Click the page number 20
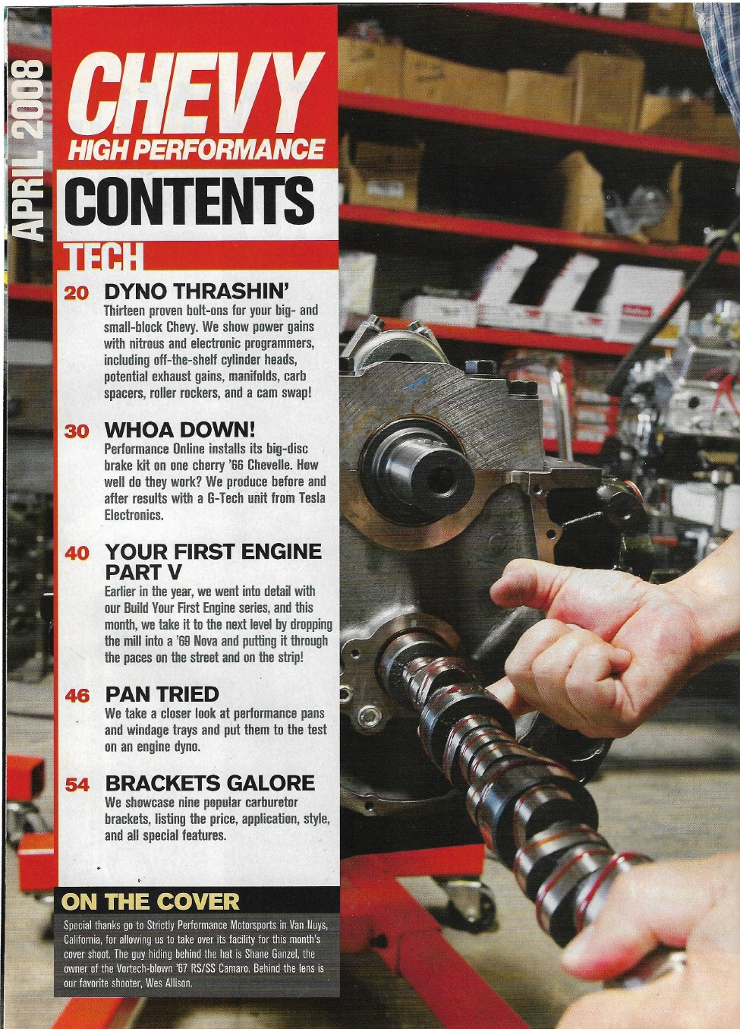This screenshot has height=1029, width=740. tap(76, 294)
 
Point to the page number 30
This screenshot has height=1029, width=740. tap(76, 431)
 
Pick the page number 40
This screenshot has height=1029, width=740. tap(77, 553)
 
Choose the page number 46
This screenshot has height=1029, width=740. tap(77, 696)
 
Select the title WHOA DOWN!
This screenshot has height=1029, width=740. tap(180, 430)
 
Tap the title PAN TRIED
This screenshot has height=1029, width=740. tap(162, 694)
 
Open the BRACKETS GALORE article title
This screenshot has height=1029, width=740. tap(209, 783)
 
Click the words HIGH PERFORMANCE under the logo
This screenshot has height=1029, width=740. tap(196, 149)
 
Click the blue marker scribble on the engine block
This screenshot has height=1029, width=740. tap(416, 382)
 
